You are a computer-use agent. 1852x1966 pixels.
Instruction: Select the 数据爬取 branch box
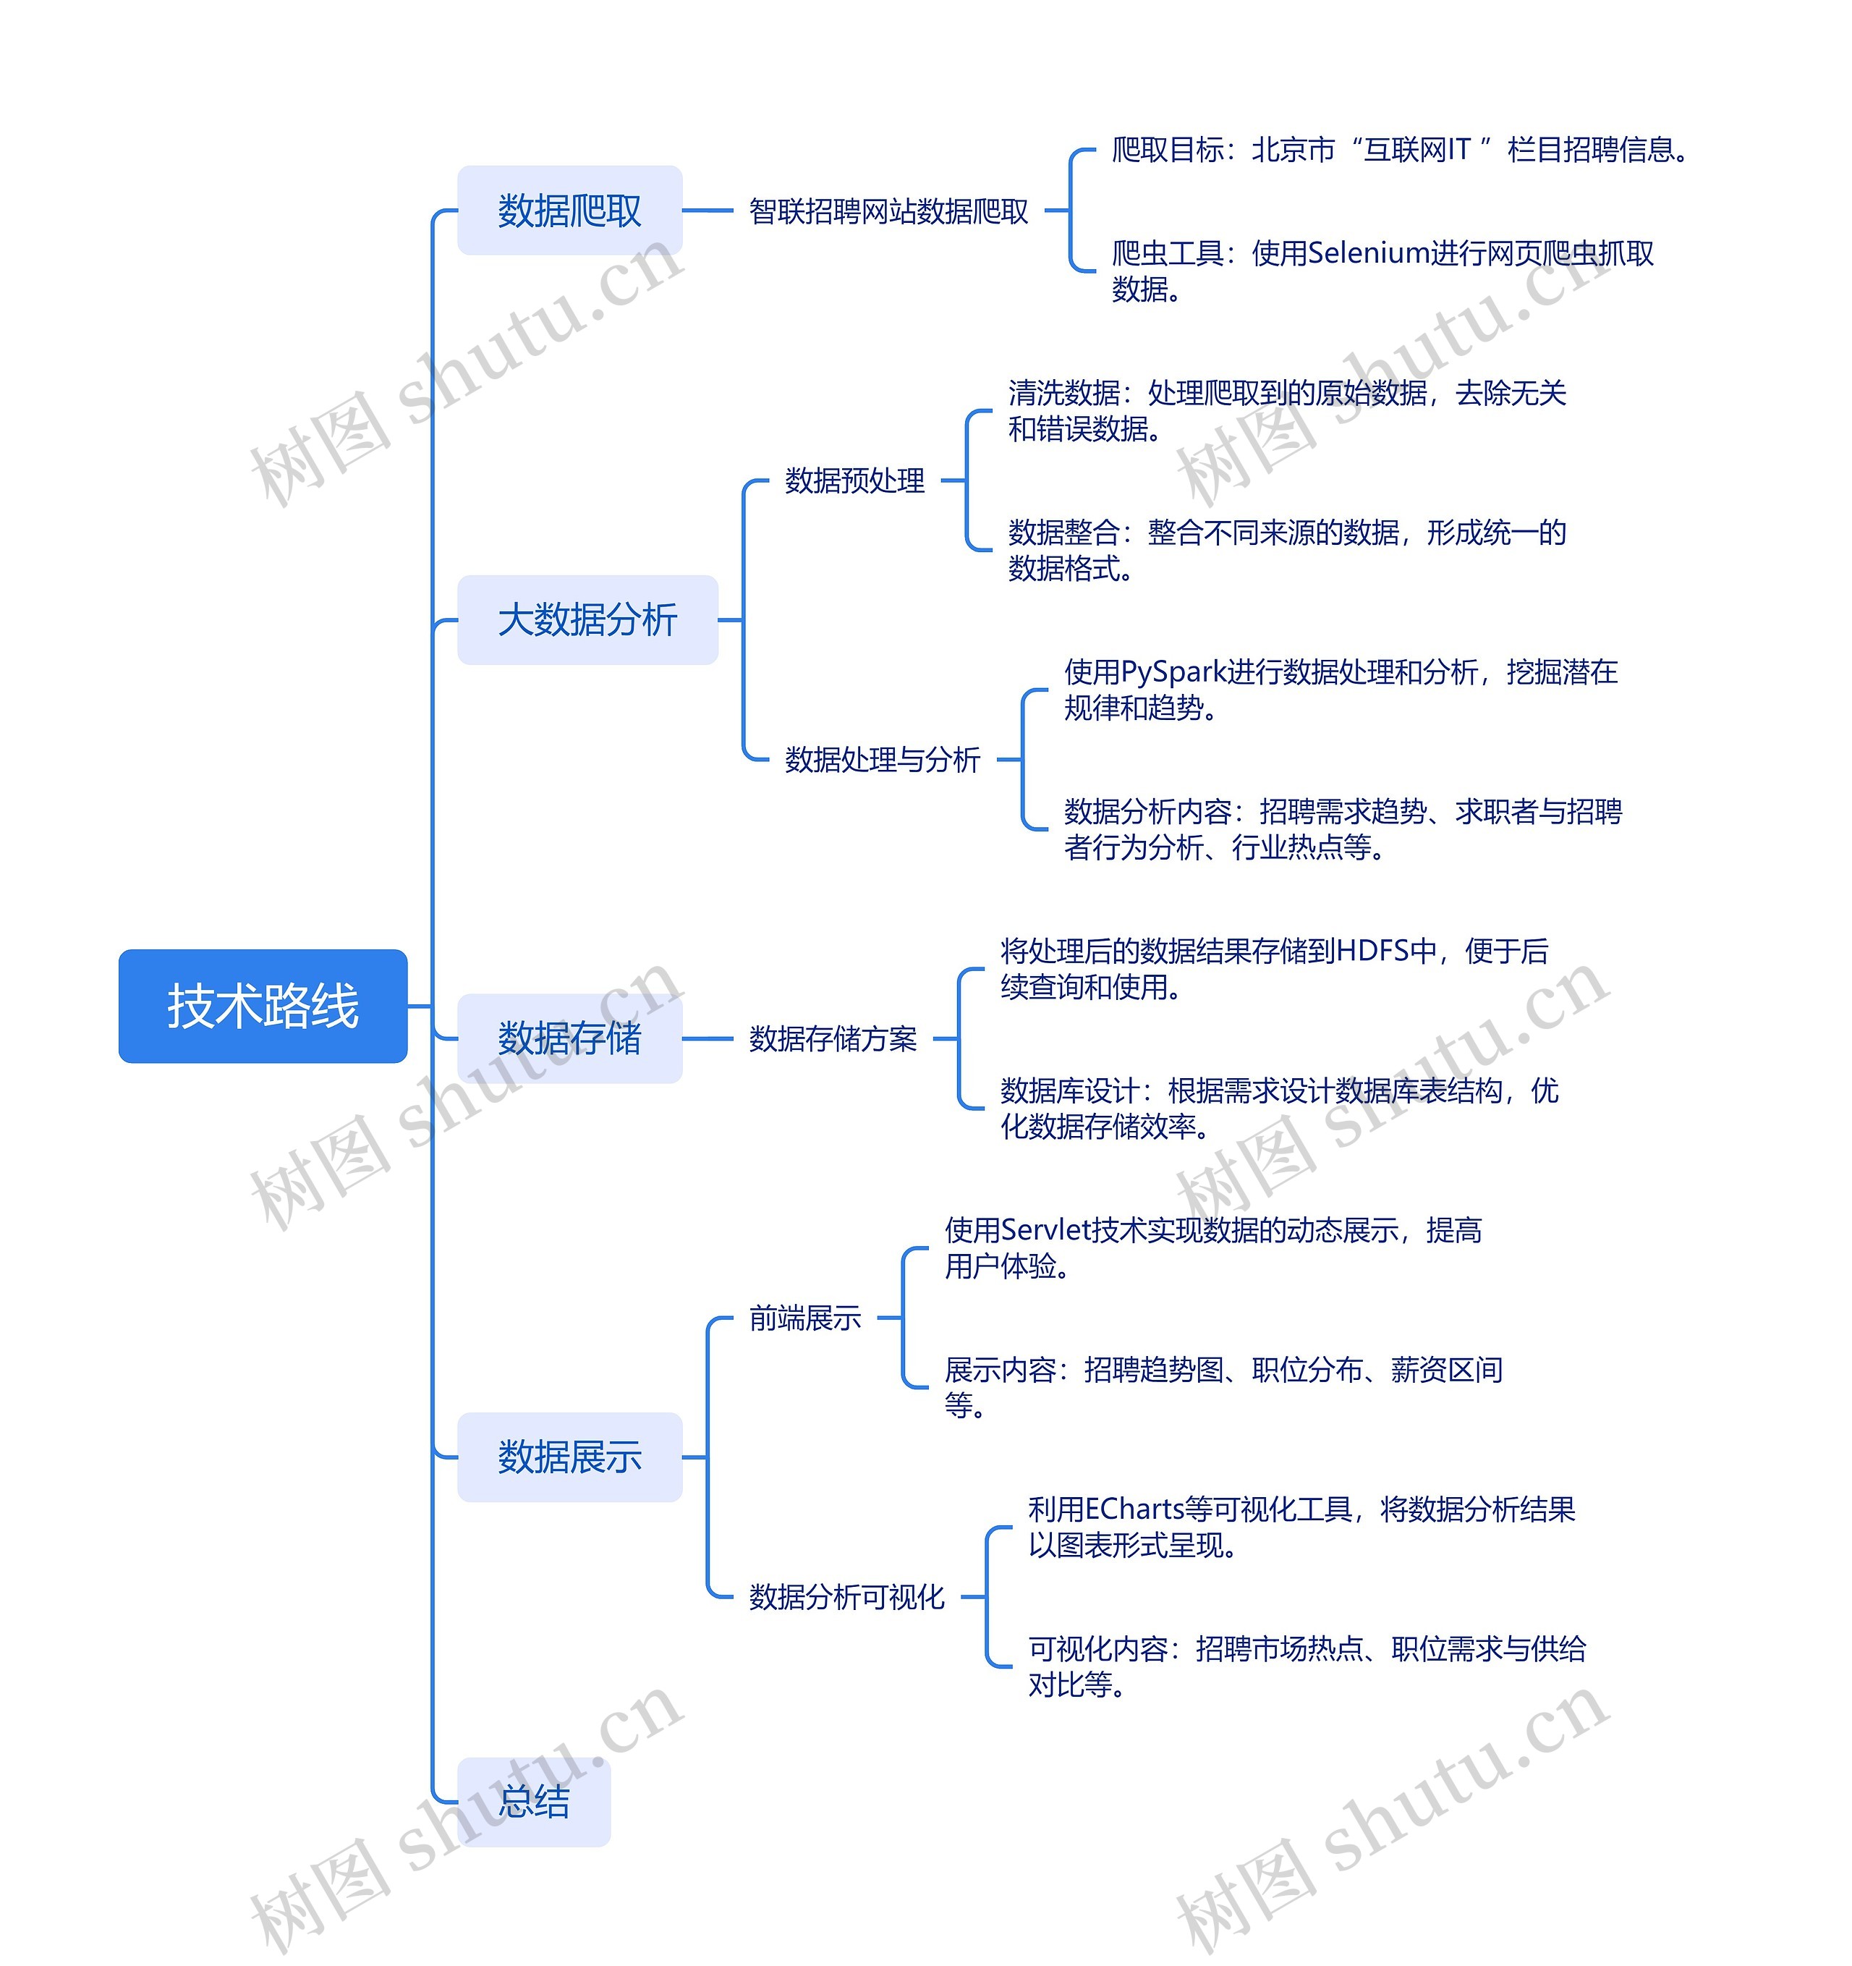(x=569, y=211)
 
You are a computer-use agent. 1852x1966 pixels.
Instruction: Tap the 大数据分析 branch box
(x=587, y=620)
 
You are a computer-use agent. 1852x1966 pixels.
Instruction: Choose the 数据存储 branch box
(x=569, y=1038)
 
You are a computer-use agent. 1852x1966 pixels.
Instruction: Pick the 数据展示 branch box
(x=569, y=1457)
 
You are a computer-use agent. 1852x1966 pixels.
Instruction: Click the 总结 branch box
(x=534, y=1801)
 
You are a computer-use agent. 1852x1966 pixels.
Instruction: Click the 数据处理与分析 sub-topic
(x=882, y=760)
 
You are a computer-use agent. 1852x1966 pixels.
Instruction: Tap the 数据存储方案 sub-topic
(x=833, y=1039)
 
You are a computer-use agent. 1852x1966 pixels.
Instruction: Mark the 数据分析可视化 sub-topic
(x=846, y=1597)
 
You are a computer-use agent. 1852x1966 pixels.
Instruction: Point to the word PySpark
(x=1173, y=672)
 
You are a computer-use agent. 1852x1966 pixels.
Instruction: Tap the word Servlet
(x=1045, y=1230)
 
